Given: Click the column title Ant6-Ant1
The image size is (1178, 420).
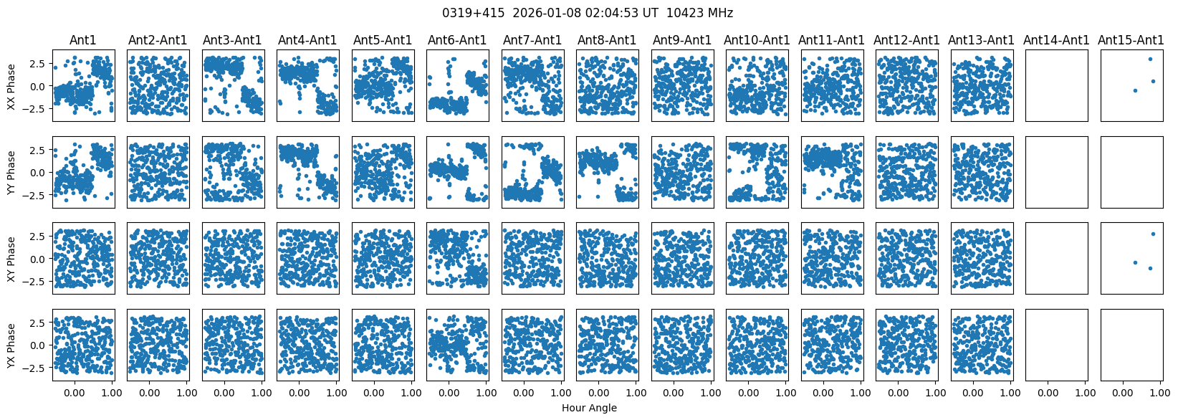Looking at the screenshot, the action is pyautogui.click(x=458, y=40).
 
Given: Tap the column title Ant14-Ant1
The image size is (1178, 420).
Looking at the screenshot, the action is pyautogui.click(x=1056, y=40).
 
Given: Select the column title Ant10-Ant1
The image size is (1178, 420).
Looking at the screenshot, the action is pyautogui.click(x=757, y=40).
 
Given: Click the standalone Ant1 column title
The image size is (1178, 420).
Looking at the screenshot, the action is pyautogui.click(x=83, y=40).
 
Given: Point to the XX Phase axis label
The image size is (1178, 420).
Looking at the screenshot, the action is pyautogui.click(x=11, y=86).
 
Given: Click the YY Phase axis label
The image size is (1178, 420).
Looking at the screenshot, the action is pyautogui.click(x=11, y=173).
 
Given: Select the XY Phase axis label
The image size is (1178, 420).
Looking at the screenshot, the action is pyautogui.click(x=11, y=259).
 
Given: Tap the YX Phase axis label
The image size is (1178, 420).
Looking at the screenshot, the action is pyautogui.click(x=11, y=345).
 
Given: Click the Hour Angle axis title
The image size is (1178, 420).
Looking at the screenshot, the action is pyautogui.click(x=589, y=408).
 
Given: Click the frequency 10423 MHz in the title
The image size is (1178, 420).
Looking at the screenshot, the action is pyautogui.click(x=699, y=13).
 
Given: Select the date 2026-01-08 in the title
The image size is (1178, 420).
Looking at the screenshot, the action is pyautogui.click(x=547, y=13).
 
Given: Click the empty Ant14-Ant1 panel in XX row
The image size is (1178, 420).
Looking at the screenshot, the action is pyautogui.click(x=1056, y=86).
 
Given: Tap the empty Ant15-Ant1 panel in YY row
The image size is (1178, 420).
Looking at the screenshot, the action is pyautogui.click(x=1131, y=173).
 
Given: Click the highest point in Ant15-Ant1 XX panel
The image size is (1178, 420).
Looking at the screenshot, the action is pyautogui.click(x=1150, y=59).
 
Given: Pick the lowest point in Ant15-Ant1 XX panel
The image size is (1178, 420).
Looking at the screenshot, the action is pyautogui.click(x=1135, y=90).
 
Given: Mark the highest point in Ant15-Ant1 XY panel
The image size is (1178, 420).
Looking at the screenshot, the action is pyautogui.click(x=1154, y=234).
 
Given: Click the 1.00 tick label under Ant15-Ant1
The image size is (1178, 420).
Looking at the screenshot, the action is pyautogui.click(x=1160, y=393).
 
